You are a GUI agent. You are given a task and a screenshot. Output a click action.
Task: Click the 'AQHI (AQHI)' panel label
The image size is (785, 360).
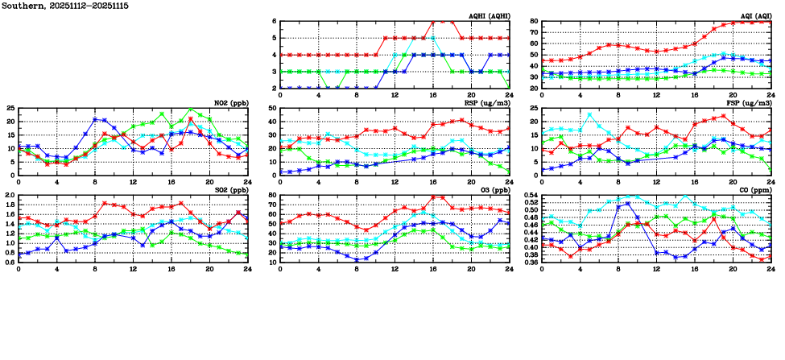click(489, 15)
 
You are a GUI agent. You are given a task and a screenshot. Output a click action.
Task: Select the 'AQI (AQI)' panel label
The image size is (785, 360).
click(754, 15)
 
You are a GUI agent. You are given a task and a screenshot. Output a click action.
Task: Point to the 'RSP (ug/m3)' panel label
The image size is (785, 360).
click(490, 102)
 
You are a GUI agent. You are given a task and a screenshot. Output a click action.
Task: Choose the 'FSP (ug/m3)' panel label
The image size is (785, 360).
click(750, 102)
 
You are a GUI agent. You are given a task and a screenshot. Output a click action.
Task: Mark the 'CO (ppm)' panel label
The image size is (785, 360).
click(755, 189)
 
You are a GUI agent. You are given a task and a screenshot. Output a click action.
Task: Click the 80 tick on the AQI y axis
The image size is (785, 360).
click(533, 22)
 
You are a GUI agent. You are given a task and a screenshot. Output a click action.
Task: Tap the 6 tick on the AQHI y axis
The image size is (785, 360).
click(275, 22)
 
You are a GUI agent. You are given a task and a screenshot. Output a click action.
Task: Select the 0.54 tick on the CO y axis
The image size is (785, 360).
click(528, 196)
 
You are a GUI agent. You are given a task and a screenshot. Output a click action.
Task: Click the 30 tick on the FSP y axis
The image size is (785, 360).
click(533, 109)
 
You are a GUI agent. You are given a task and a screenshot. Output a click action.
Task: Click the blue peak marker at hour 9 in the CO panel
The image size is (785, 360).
click(628, 203)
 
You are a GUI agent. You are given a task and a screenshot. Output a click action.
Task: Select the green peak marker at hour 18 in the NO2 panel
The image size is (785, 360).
click(191, 110)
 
